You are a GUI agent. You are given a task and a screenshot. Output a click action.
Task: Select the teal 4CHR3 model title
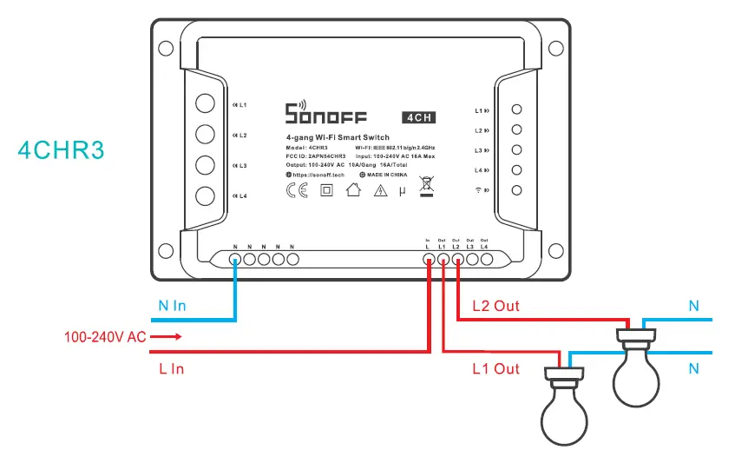[x=61, y=149]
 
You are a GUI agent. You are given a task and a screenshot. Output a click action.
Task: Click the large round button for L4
[x=204, y=195]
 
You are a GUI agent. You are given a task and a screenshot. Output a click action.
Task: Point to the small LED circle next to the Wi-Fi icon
[x=516, y=190]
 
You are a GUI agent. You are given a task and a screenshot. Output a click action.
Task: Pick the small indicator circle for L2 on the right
[x=516, y=130]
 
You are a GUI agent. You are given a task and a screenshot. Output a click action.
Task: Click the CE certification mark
[x=296, y=191]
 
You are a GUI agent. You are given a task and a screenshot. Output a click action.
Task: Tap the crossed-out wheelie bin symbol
[x=425, y=186]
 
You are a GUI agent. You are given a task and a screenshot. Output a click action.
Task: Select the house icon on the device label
[x=352, y=191]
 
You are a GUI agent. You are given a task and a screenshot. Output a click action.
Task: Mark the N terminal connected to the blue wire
[x=235, y=258]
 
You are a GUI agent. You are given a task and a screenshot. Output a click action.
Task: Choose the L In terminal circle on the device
[x=428, y=258]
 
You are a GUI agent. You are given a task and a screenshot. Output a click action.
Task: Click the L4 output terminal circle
[x=484, y=258]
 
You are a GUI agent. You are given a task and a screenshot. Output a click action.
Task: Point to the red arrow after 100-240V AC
[x=170, y=336]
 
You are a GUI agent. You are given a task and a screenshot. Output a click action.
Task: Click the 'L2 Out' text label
[x=495, y=306]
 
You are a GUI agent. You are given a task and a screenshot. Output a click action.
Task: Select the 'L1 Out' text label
[x=495, y=369]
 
